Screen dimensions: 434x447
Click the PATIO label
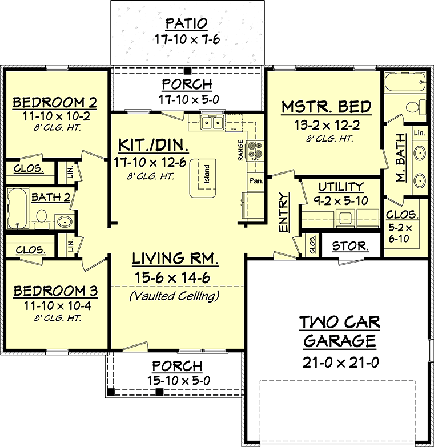(187, 23)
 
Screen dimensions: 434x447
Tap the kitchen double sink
(212, 123)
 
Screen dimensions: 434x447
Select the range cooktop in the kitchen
(255, 150)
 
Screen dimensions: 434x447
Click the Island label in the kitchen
(207, 174)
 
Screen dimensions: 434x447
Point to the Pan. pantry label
(256, 181)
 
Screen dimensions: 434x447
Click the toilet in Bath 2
(42, 218)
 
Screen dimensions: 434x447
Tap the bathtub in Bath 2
(18, 208)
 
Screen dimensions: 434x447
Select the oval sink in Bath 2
(65, 222)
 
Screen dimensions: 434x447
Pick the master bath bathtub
(405, 82)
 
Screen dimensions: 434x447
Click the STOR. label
(351, 246)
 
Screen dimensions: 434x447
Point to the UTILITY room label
(341, 187)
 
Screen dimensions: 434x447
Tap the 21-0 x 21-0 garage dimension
(340, 363)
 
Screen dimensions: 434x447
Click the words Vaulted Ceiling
(175, 296)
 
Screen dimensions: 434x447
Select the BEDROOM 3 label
(55, 291)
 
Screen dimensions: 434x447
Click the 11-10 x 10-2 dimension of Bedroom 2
(56, 116)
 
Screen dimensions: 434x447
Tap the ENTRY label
(284, 212)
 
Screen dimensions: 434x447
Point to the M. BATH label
(401, 158)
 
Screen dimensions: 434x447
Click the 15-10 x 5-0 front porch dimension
(179, 380)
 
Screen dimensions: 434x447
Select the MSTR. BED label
(327, 107)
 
